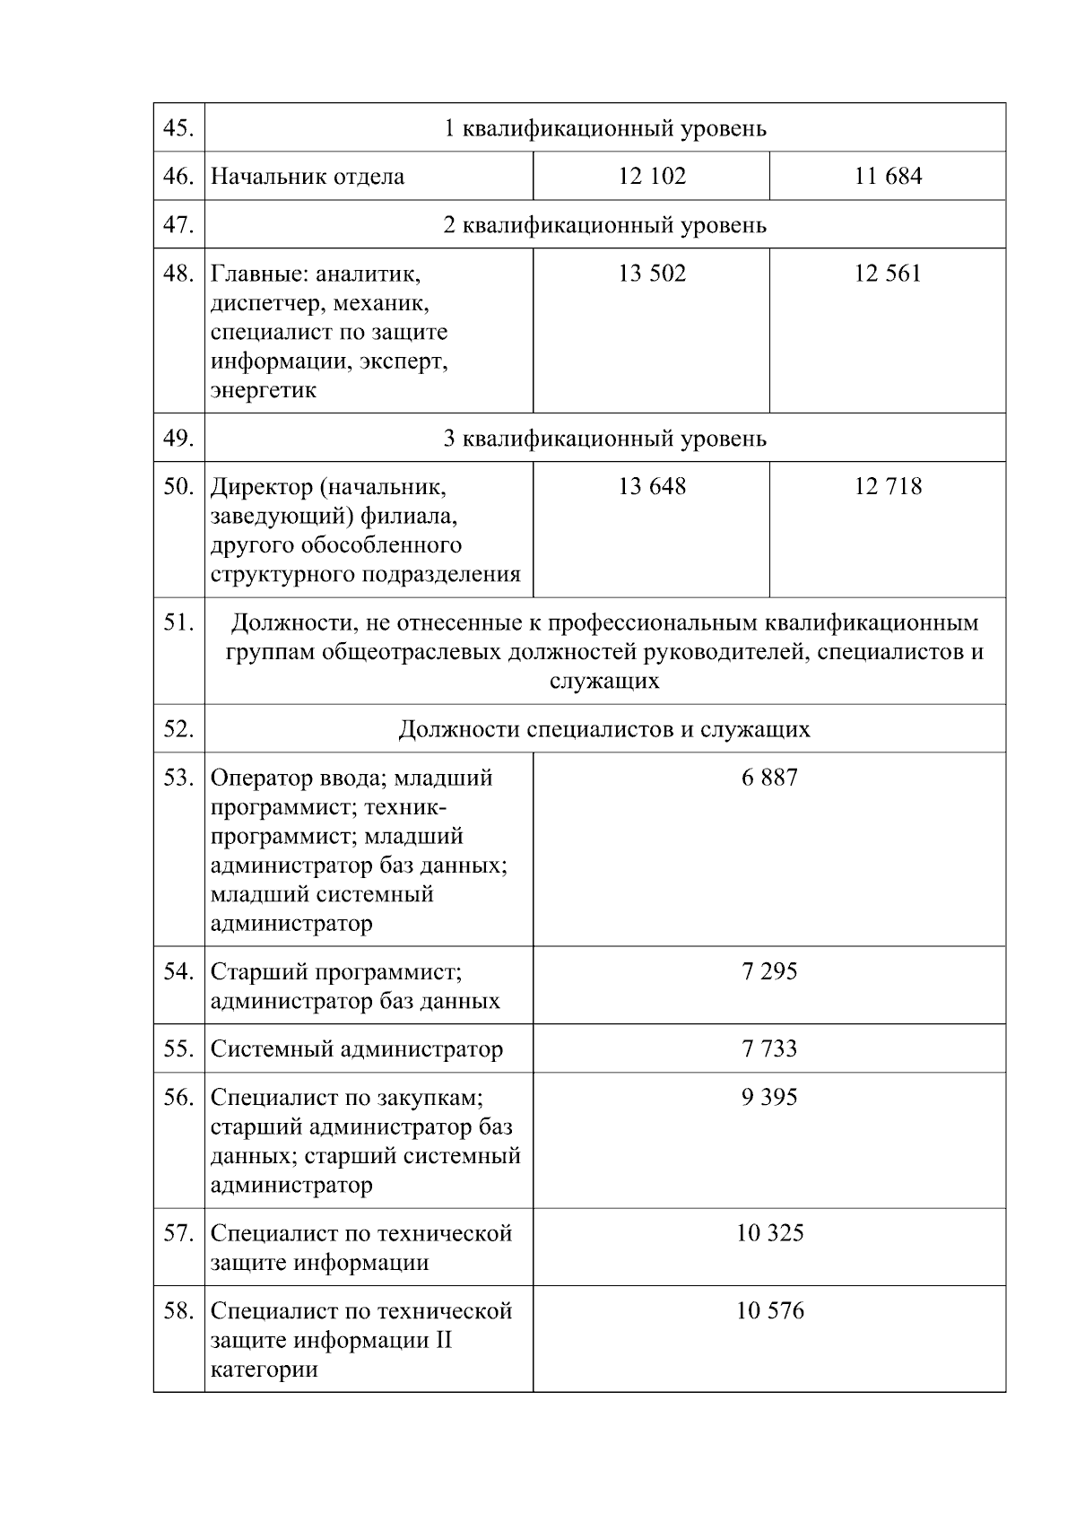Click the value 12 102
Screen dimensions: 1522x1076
pos(652,176)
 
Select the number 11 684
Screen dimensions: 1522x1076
pos(888,176)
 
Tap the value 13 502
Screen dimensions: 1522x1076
pos(652,274)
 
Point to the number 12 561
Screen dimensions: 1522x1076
pos(888,274)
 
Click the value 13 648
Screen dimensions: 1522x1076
pos(652,486)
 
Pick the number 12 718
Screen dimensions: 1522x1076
pos(888,486)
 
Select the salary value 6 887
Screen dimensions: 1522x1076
pos(769,778)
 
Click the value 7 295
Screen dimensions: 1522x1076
pos(769,971)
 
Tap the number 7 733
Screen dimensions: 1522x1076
pos(769,1048)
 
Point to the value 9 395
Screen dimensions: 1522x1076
pos(769,1097)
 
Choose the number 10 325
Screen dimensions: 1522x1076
pos(769,1233)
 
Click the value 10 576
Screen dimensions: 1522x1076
pos(769,1311)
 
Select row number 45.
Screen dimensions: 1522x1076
pos(178,128)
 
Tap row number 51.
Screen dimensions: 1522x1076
pos(178,622)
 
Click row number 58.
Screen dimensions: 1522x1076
pos(178,1311)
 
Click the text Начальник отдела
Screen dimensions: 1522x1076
pos(308,177)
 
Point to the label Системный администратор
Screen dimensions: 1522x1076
pos(357,1049)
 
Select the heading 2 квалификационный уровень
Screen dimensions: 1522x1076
pos(605,224)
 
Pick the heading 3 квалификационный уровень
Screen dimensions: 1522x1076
pos(605,439)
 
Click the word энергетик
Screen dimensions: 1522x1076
pos(264,391)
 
